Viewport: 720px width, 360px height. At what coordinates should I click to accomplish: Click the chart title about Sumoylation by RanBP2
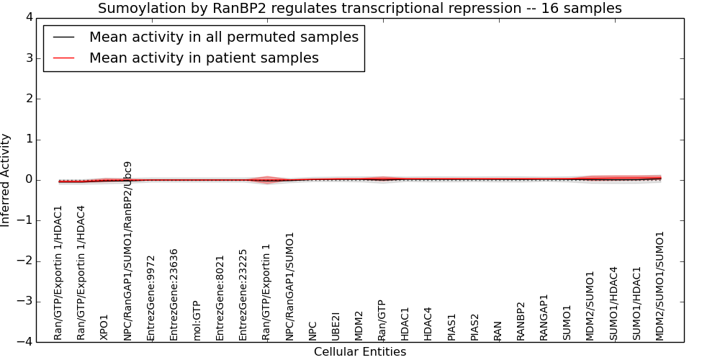pos(359,8)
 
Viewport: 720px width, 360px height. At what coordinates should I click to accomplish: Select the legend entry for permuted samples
pos(224,37)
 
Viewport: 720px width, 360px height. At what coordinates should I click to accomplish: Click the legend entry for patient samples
pos(204,58)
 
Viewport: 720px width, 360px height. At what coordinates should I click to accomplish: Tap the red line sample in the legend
pos(63,58)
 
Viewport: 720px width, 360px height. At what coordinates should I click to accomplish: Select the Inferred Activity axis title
pos(5,180)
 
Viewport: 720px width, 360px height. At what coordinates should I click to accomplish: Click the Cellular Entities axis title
pos(360,352)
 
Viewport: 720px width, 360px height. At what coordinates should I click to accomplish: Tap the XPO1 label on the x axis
pos(104,328)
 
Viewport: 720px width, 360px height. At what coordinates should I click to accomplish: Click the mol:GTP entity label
pos(197,320)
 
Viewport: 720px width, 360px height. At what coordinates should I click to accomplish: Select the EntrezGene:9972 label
pos(150,298)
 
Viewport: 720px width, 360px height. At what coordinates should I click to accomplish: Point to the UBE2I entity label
pos(336,326)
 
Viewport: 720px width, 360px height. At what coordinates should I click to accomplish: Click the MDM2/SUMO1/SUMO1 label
pos(660,286)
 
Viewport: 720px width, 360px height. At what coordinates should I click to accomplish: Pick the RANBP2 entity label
pos(521,321)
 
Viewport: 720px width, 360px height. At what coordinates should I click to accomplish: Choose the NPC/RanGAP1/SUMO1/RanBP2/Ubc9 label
pos(127,251)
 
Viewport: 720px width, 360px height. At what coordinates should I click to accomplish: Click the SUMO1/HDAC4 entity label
pos(613,304)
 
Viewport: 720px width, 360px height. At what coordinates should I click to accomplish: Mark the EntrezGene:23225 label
pos(243,295)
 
